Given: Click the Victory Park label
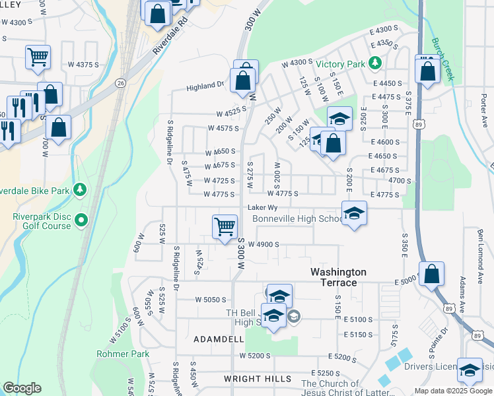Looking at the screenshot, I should click(x=340, y=64).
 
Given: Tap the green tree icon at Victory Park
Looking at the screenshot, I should click(x=375, y=63).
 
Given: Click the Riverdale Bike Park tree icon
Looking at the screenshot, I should click(x=80, y=190).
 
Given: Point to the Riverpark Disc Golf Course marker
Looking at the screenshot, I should click(x=81, y=219).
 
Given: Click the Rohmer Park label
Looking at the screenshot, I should click(x=122, y=354).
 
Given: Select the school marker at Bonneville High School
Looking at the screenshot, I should click(x=354, y=213).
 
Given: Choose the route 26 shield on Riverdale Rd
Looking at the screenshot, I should click(x=120, y=82).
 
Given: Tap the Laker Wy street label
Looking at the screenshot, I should click(x=261, y=207).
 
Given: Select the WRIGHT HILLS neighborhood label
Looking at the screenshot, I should click(x=257, y=379).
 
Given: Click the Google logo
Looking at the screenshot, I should click(x=22, y=388).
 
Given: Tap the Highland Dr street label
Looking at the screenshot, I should click(x=205, y=86).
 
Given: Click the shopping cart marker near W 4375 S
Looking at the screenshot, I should click(x=38, y=57).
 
